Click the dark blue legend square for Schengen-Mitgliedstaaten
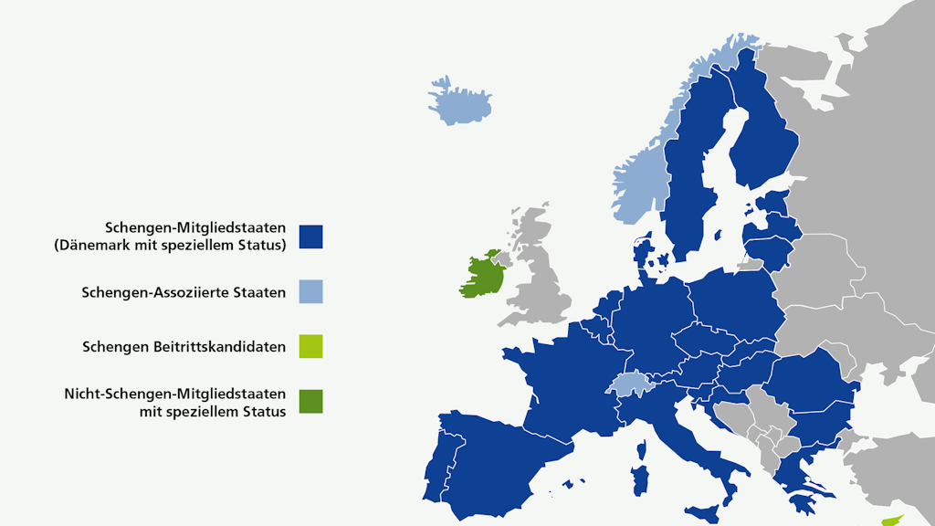click(310, 237)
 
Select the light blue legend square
click(310, 292)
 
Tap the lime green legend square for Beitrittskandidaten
click(310, 347)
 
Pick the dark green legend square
click(310, 402)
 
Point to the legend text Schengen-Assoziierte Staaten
click(184, 293)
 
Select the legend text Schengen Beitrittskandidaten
click(184, 347)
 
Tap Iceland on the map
click(459, 101)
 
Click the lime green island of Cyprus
click(889, 520)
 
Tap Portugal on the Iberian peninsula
click(449, 465)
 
